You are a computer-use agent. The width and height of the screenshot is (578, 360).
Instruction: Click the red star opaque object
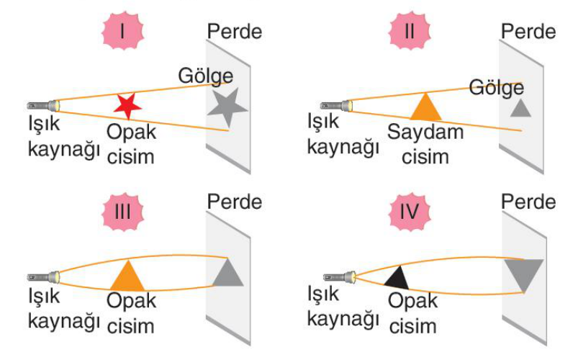coord(127,107)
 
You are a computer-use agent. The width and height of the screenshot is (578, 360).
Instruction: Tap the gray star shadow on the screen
coord(227,108)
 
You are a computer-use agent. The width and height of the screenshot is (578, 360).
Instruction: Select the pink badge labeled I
coord(123,31)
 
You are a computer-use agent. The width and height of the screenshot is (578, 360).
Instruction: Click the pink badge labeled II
coord(410,31)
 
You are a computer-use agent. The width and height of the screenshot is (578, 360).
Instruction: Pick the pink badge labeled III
coord(123,212)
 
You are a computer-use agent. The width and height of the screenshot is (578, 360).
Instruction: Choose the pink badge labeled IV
coord(410,212)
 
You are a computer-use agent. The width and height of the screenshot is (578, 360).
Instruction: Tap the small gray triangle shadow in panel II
coord(520,109)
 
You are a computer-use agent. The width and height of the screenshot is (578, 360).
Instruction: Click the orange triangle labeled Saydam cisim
coord(425,107)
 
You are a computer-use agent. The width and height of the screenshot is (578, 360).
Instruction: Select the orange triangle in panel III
coord(127,276)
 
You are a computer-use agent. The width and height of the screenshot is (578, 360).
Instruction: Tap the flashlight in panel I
coord(43,106)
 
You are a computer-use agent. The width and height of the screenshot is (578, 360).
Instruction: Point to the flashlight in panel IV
coord(340,276)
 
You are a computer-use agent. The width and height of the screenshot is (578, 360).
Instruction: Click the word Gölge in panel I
coord(206,77)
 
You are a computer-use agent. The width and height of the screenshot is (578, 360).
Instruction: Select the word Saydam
coord(425,132)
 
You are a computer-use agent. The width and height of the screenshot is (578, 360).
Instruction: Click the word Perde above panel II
coord(528,32)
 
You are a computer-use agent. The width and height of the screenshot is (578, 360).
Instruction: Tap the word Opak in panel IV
coord(413,301)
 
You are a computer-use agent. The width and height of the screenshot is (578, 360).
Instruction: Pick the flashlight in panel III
coord(43,276)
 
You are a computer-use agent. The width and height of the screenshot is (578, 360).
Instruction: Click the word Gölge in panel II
coord(497,88)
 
